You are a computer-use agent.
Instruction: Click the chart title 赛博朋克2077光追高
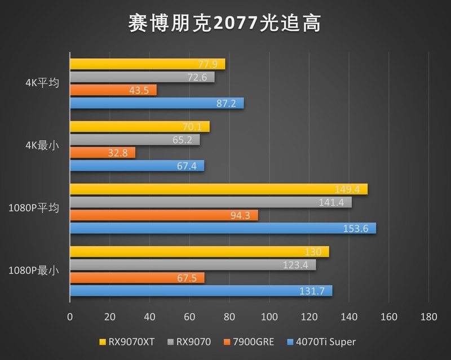(225, 24)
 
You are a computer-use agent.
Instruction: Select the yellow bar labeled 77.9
(147, 64)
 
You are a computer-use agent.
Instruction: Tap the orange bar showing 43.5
(113, 90)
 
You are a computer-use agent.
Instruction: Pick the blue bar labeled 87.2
(157, 103)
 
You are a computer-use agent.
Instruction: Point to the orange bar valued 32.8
(102, 153)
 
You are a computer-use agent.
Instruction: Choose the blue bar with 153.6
(223, 228)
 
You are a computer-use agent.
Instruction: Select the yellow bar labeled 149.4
(219, 189)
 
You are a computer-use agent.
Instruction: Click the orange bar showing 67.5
(137, 278)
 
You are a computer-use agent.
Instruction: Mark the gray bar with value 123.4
(193, 265)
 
